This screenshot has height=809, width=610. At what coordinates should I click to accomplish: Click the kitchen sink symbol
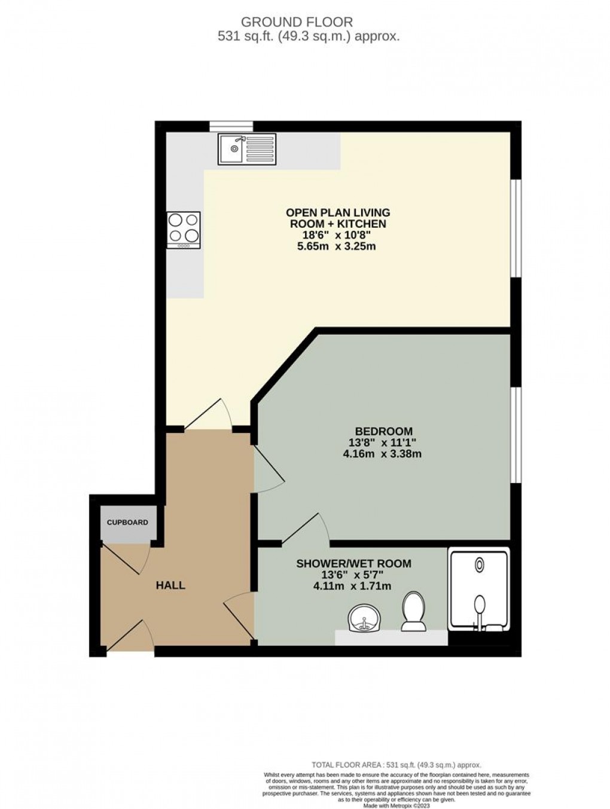click(247, 149)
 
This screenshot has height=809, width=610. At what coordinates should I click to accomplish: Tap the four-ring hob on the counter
click(184, 230)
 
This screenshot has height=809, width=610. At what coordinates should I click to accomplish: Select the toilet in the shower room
click(413, 611)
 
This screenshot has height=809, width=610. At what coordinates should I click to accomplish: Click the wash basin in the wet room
click(363, 618)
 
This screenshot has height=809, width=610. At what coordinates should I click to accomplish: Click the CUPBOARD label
click(127, 523)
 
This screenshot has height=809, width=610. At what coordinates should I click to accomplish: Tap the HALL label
click(170, 585)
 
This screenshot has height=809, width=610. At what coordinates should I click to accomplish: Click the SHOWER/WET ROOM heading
click(353, 563)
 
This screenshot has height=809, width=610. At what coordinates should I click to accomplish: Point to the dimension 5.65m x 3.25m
click(336, 246)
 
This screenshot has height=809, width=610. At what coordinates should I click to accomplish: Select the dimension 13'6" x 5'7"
click(353, 575)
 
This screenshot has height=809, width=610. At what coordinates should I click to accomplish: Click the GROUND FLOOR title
click(297, 22)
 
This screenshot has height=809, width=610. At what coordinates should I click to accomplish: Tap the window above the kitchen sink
click(231, 126)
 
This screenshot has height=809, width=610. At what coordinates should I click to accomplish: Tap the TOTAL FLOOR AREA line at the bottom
click(396, 765)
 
